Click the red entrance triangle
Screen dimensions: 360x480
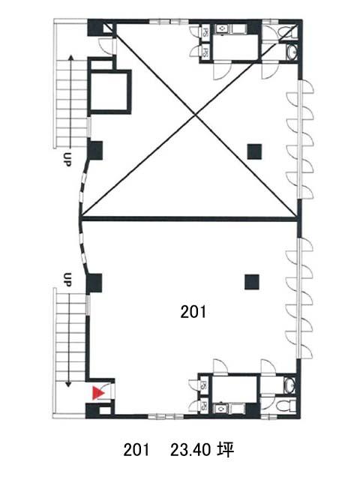point(98,393)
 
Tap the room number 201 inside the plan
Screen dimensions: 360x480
point(193,312)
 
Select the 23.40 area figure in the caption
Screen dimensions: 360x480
point(190,450)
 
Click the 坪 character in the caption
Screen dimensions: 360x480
point(226,450)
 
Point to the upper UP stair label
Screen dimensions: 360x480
point(67,159)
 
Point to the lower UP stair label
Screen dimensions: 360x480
point(67,279)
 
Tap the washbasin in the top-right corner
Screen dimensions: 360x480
point(291,52)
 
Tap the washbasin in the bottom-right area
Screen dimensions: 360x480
point(289,384)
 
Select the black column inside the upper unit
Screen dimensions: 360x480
point(254,151)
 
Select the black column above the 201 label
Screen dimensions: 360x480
point(252,282)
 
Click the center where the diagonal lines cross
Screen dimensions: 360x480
point(195,115)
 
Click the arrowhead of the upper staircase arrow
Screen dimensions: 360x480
point(71,58)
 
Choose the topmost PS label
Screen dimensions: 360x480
point(205,32)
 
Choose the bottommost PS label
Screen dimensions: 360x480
point(203,406)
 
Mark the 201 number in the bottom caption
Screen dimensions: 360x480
point(136,450)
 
